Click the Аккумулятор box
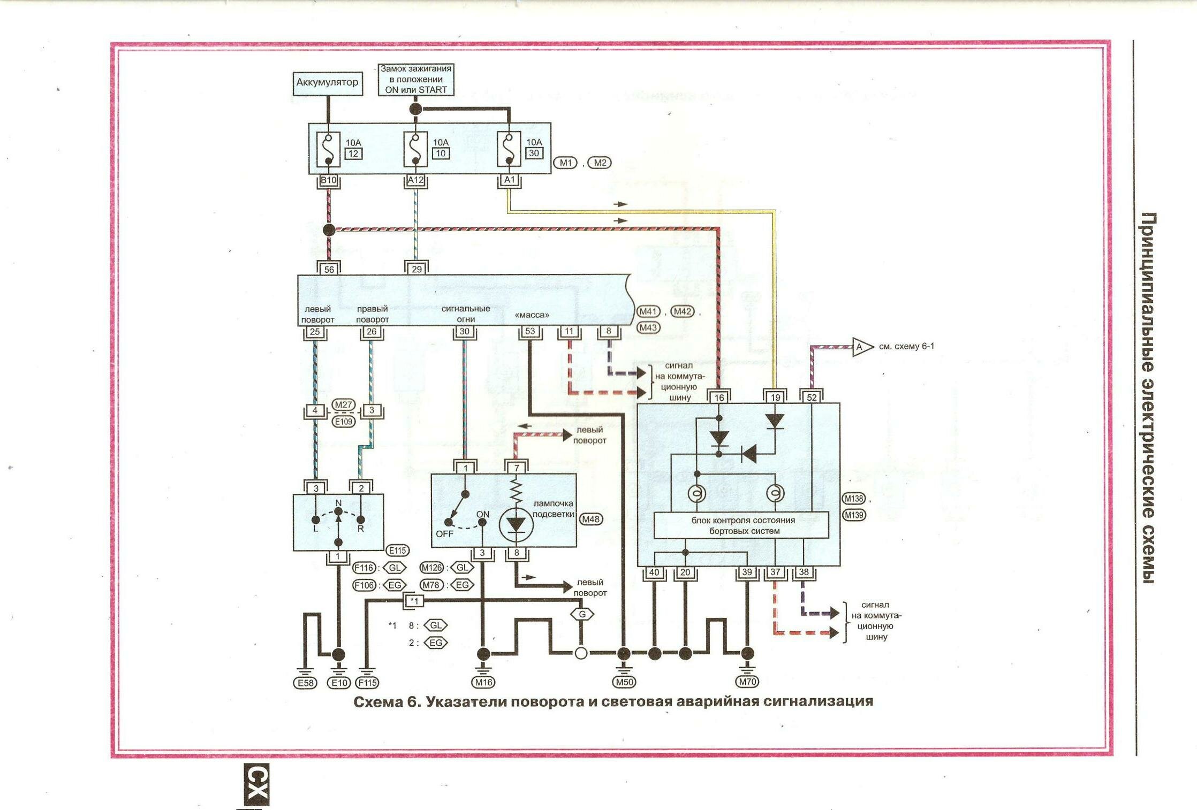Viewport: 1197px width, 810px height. click(327, 83)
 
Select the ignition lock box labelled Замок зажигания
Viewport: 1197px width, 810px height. click(416, 79)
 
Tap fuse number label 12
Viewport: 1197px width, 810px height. click(353, 154)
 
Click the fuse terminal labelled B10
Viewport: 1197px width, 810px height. click(328, 180)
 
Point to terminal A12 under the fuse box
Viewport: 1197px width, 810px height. click(415, 180)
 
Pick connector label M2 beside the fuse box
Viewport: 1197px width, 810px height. click(599, 163)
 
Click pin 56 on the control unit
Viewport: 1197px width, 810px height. click(329, 269)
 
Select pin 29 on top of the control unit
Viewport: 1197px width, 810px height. click(416, 269)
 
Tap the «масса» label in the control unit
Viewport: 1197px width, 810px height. click(532, 315)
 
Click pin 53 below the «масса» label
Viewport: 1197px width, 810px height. click(530, 332)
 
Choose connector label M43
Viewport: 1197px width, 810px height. click(648, 327)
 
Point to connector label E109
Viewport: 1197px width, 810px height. click(343, 422)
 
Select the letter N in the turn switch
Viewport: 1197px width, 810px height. click(338, 503)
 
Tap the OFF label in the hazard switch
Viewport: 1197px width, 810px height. click(444, 534)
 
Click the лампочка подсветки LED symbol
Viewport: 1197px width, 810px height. click(516, 524)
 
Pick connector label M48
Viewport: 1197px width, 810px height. click(590, 519)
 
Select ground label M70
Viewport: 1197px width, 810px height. click(747, 682)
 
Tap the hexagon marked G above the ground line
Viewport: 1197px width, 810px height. click(582, 614)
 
